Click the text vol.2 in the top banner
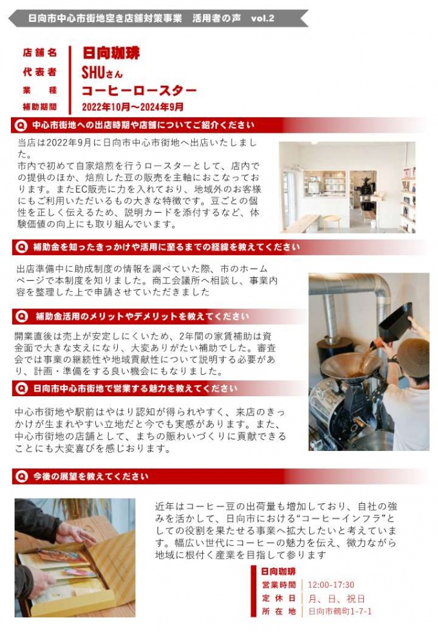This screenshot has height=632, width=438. (x=261, y=18)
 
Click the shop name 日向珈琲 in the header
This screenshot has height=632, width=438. (x=111, y=53)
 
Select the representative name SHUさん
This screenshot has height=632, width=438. (x=102, y=72)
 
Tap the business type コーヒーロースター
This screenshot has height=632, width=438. (x=138, y=90)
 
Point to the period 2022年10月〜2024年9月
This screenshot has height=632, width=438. (x=133, y=107)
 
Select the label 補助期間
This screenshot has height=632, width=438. (x=40, y=107)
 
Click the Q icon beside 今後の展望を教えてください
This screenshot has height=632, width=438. (x=22, y=477)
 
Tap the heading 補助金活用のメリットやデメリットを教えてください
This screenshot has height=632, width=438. (x=142, y=317)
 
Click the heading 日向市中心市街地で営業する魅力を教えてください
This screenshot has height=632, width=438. (x=135, y=388)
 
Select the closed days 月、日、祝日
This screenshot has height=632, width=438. (x=336, y=598)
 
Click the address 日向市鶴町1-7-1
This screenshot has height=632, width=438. (x=339, y=611)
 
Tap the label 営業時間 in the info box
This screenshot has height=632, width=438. (x=279, y=586)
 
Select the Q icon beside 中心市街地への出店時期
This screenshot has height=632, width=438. (x=22, y=125)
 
